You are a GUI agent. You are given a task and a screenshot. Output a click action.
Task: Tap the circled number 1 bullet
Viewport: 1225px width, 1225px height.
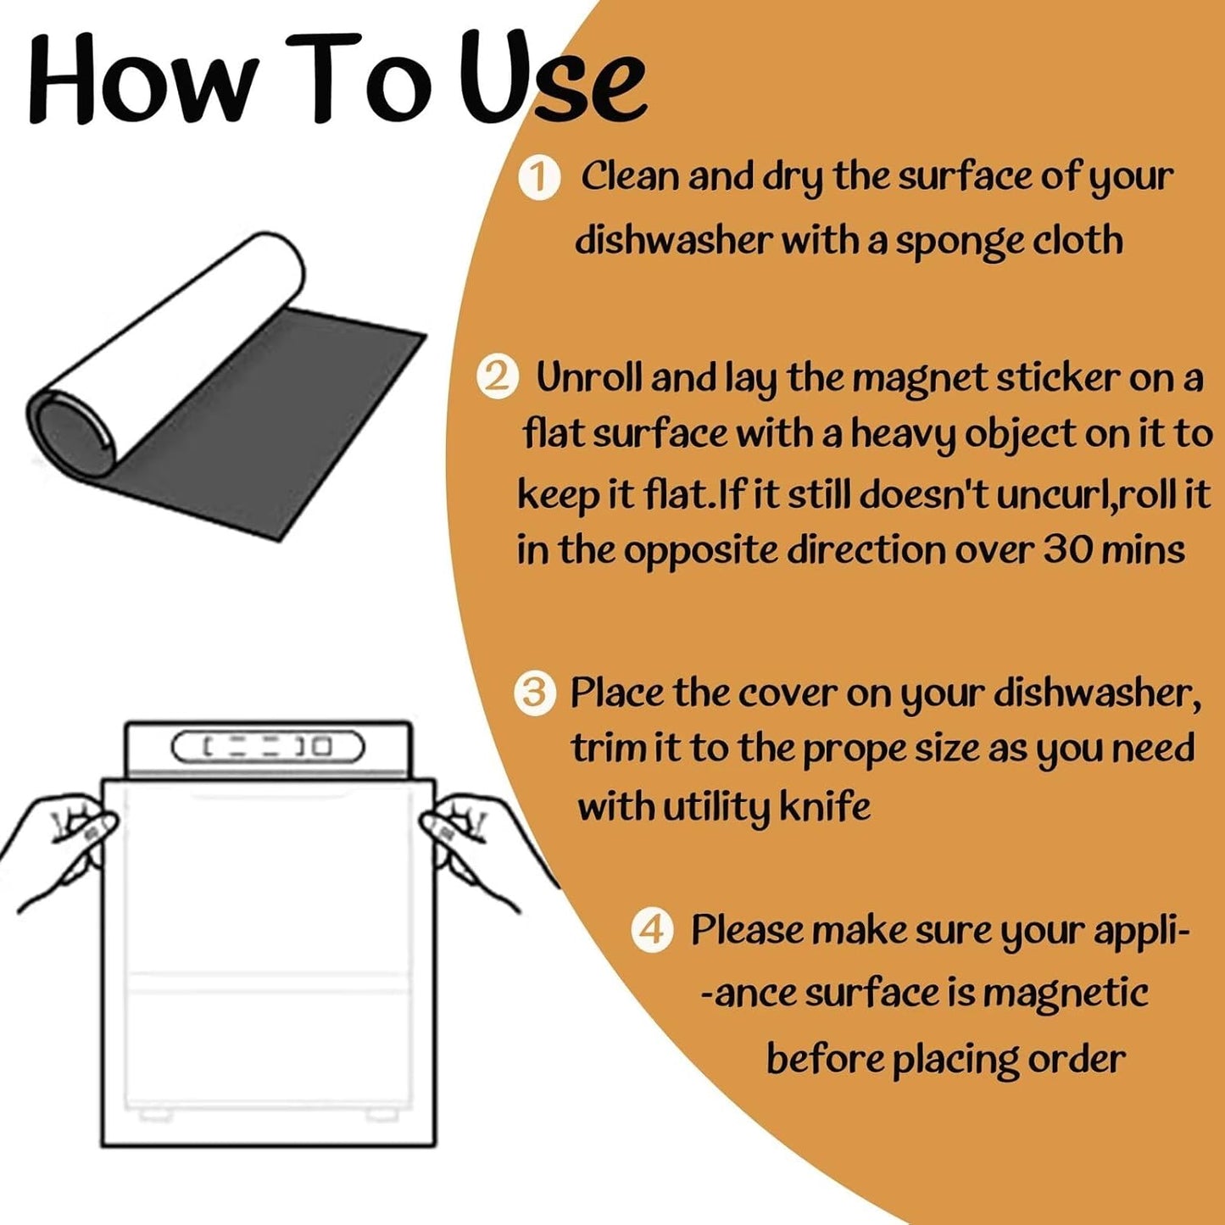pyautogui.click(x=538, y=179)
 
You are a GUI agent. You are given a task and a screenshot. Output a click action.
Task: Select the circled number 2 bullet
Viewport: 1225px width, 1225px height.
pyautogui.click(x=498, y=380)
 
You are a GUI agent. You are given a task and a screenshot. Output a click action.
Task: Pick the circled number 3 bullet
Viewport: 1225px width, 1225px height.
pyautogui.click(x=535, y=693)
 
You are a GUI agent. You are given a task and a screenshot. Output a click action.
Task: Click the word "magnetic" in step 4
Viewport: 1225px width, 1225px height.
pyautogui.click(x=1065, y=993)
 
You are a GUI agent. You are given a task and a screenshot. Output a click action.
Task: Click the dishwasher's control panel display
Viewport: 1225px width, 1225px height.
pyautogui.click(x=268, y=746)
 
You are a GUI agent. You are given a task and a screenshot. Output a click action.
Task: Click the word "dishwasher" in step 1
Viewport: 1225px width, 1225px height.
pyautogui.click(x=674, y=240)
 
